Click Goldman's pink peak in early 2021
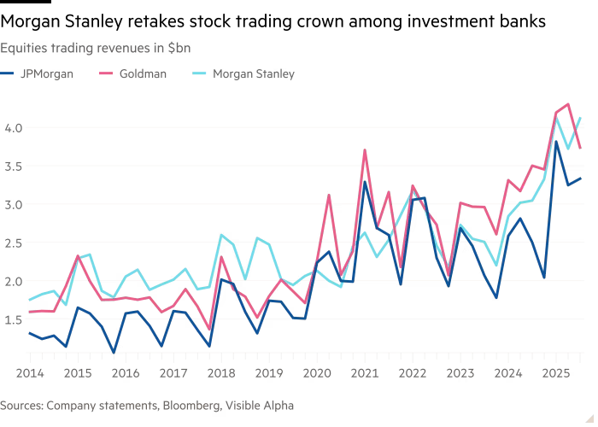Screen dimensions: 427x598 pyautogui.click(x=366, y=149)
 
